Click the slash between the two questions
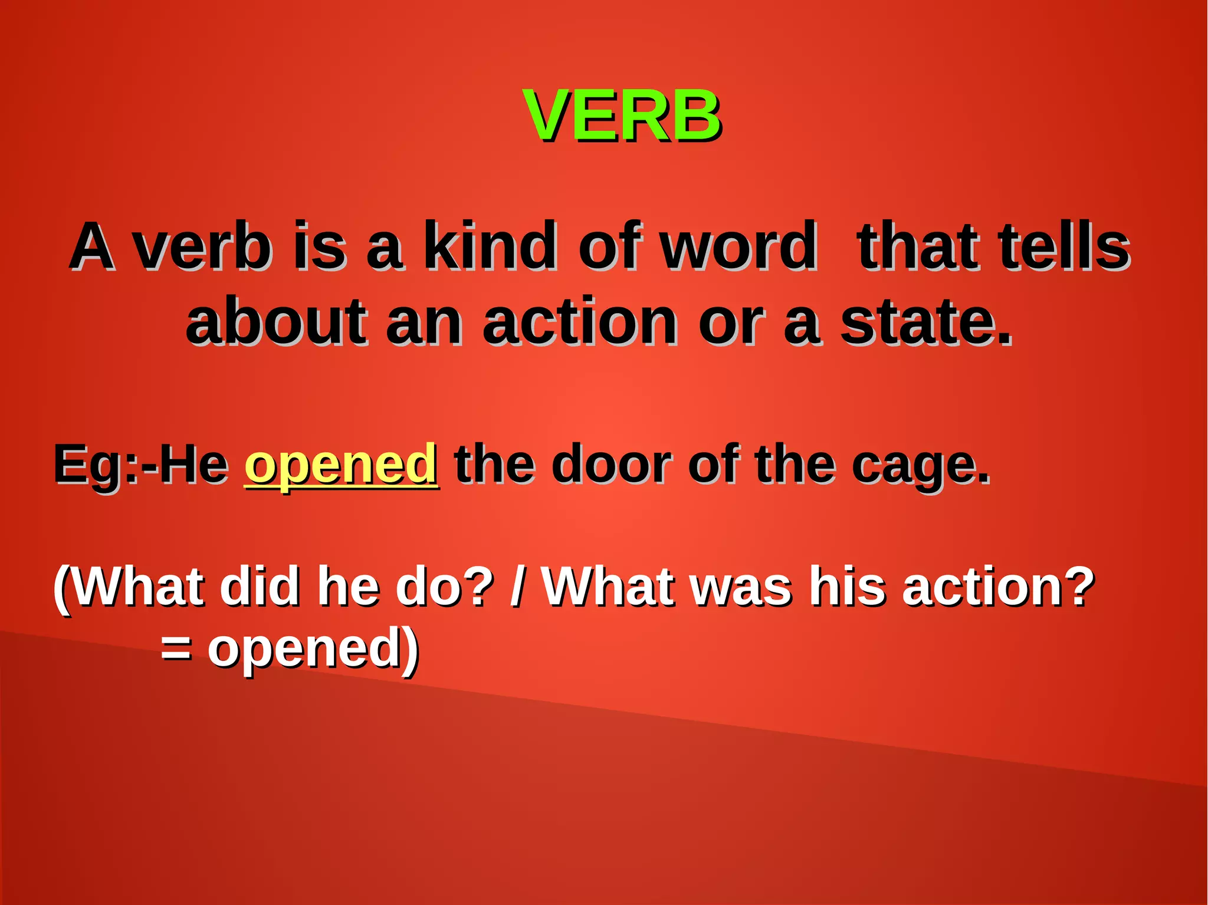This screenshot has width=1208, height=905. point(517,587)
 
